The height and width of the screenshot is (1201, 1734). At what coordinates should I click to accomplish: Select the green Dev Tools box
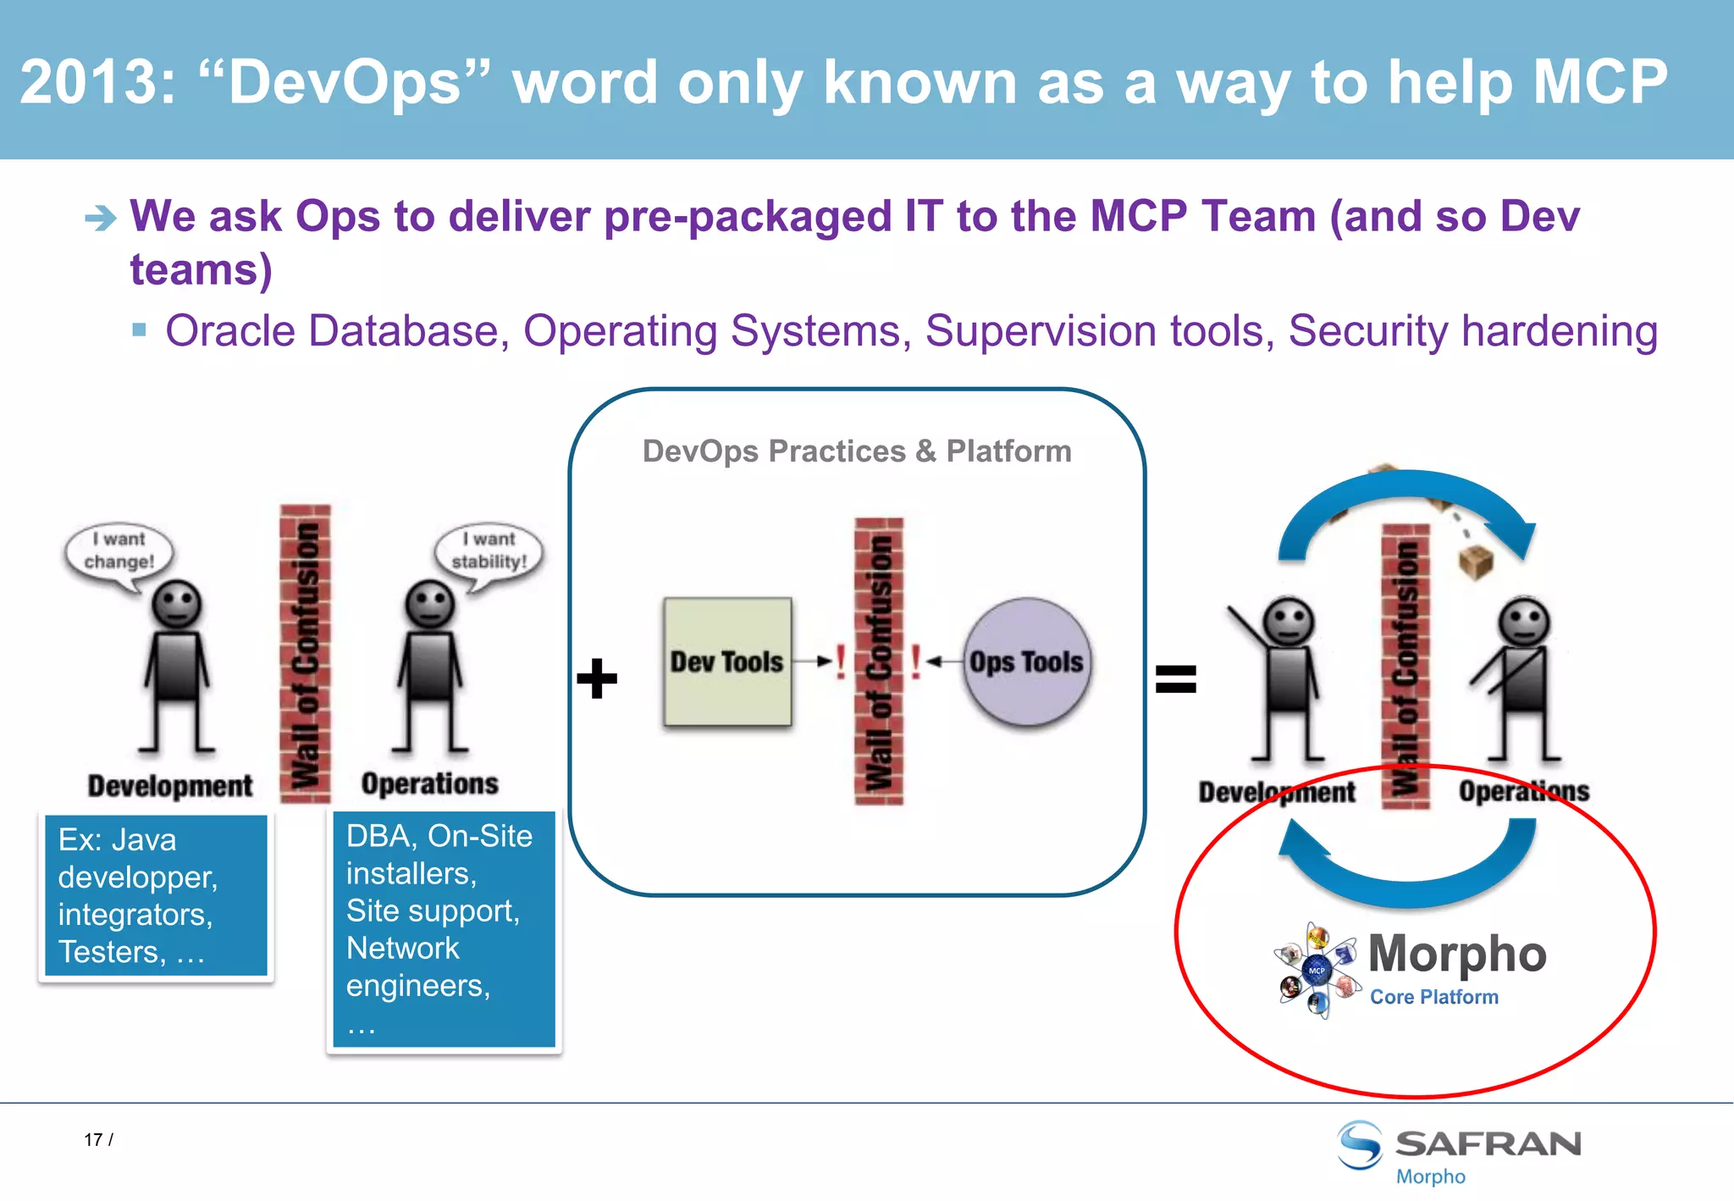tap(727, 661)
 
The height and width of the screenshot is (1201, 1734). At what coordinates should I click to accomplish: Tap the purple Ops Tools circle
tap(1026, 661)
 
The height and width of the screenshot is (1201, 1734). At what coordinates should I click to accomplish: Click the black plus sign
tap(597, 678)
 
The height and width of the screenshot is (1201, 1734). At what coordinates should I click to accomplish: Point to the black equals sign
tap(1176, 678)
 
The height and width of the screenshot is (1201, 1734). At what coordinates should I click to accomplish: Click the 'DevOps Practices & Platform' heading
tap(857, 451)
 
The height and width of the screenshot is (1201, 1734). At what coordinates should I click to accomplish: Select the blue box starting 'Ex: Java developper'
tap(156, 895)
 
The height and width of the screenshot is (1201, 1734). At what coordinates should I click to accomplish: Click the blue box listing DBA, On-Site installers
tap(444, 929)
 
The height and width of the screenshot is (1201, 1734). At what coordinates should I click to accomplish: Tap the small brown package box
tap(1476, 562)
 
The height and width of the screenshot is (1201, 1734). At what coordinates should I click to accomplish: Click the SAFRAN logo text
tap(1488, 1144)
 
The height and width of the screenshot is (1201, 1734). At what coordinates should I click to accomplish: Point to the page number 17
tap(93, 1140)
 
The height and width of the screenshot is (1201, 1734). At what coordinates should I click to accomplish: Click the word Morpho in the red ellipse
tap(1457, 954)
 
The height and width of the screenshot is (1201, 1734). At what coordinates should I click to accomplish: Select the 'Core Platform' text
tap(1434, 997)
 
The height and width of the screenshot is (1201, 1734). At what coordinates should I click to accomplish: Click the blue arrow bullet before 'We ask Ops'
tap(101, 219)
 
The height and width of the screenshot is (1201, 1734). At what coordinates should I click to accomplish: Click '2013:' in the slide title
tap(98, 83)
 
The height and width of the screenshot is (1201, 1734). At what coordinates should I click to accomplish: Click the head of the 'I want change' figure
tap(176, 604)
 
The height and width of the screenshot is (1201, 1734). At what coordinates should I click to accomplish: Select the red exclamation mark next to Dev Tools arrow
tap(840, 661)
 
